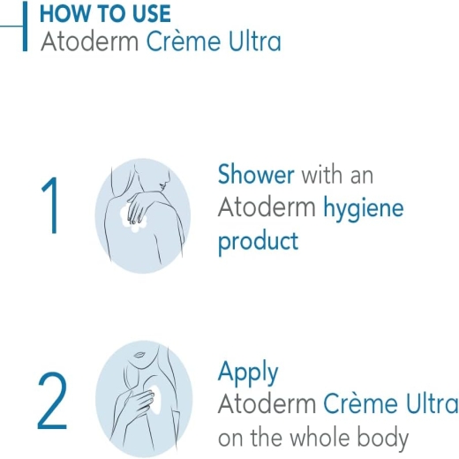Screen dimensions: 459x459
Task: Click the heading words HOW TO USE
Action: coord(105,13)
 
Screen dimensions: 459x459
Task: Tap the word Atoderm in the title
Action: coord(89,41)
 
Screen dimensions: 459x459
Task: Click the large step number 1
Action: coord(50,205)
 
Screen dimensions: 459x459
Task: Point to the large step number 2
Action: coord(52,401)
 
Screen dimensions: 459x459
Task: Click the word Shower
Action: coord(256,174)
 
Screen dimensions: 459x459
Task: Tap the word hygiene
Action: coord(364,209)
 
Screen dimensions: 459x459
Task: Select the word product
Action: coord(259,242)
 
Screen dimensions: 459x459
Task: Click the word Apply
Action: coord(248,372)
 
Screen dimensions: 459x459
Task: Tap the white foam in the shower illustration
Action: coord(132,219)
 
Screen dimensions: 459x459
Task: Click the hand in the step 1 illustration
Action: coord(138,206)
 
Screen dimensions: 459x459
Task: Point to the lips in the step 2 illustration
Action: coord(139,354)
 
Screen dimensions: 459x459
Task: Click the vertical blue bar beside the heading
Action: coord(25,26)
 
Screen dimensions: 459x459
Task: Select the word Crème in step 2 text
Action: coord(360,403)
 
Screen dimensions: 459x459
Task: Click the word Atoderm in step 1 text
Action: coord(267,207)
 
